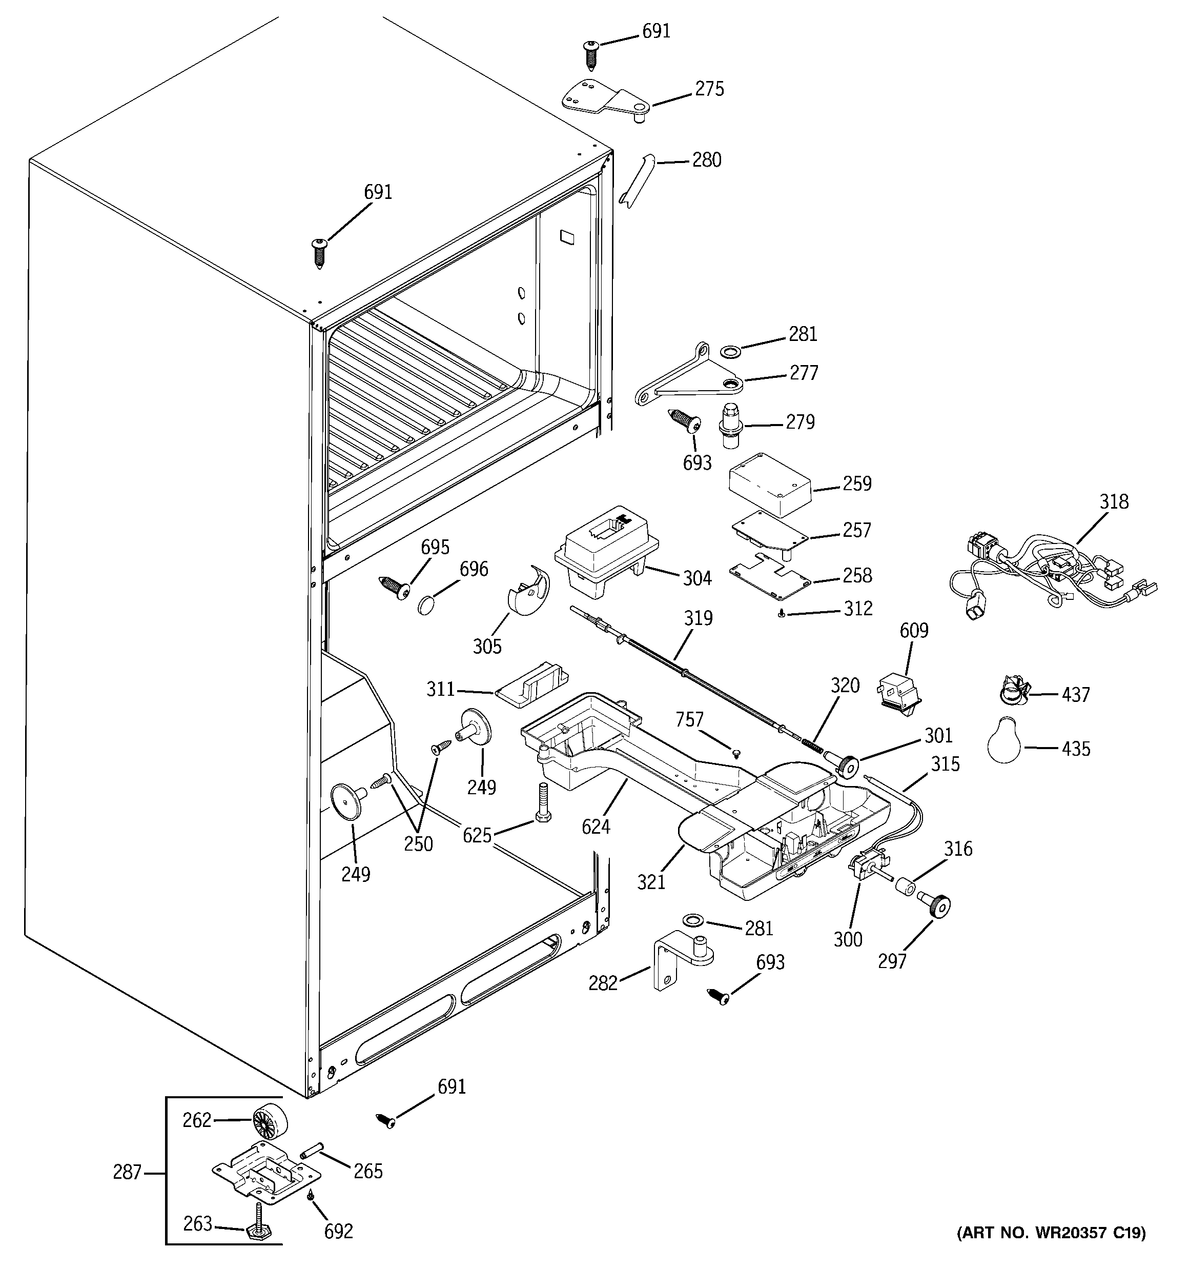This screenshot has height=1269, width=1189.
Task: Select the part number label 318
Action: tap(1114, 502)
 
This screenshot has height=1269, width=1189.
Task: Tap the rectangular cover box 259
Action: tap(770, 485)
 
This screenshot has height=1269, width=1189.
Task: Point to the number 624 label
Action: tap(596, 827)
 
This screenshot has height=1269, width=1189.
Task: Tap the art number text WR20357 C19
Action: tap(1051, 1251)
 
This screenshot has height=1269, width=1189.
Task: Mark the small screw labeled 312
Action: tap(781, 613)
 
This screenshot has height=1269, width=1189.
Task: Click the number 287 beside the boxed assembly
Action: tap(127, 1173)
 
